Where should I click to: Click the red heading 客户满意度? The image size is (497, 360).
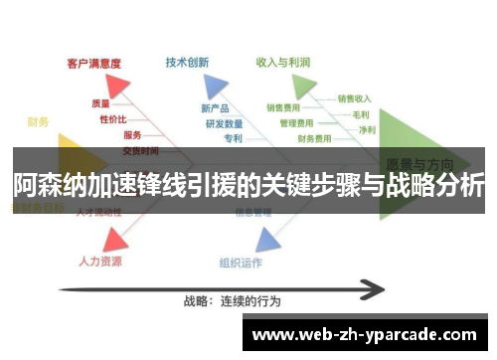tap(93, 63)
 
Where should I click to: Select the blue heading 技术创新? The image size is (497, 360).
tap(187, 62)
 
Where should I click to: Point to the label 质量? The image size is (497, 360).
tap(100, 102)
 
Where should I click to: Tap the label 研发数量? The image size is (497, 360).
tap(224, 124)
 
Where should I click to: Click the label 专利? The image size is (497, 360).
tap(233, 139)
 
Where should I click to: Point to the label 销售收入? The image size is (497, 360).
tap(355, 98)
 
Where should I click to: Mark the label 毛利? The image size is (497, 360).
tap(361, 114)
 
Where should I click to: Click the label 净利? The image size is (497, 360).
tap(367, 129)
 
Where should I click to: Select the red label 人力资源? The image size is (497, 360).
tap(100, 262)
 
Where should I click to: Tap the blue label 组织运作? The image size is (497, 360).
tap(241, 264)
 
